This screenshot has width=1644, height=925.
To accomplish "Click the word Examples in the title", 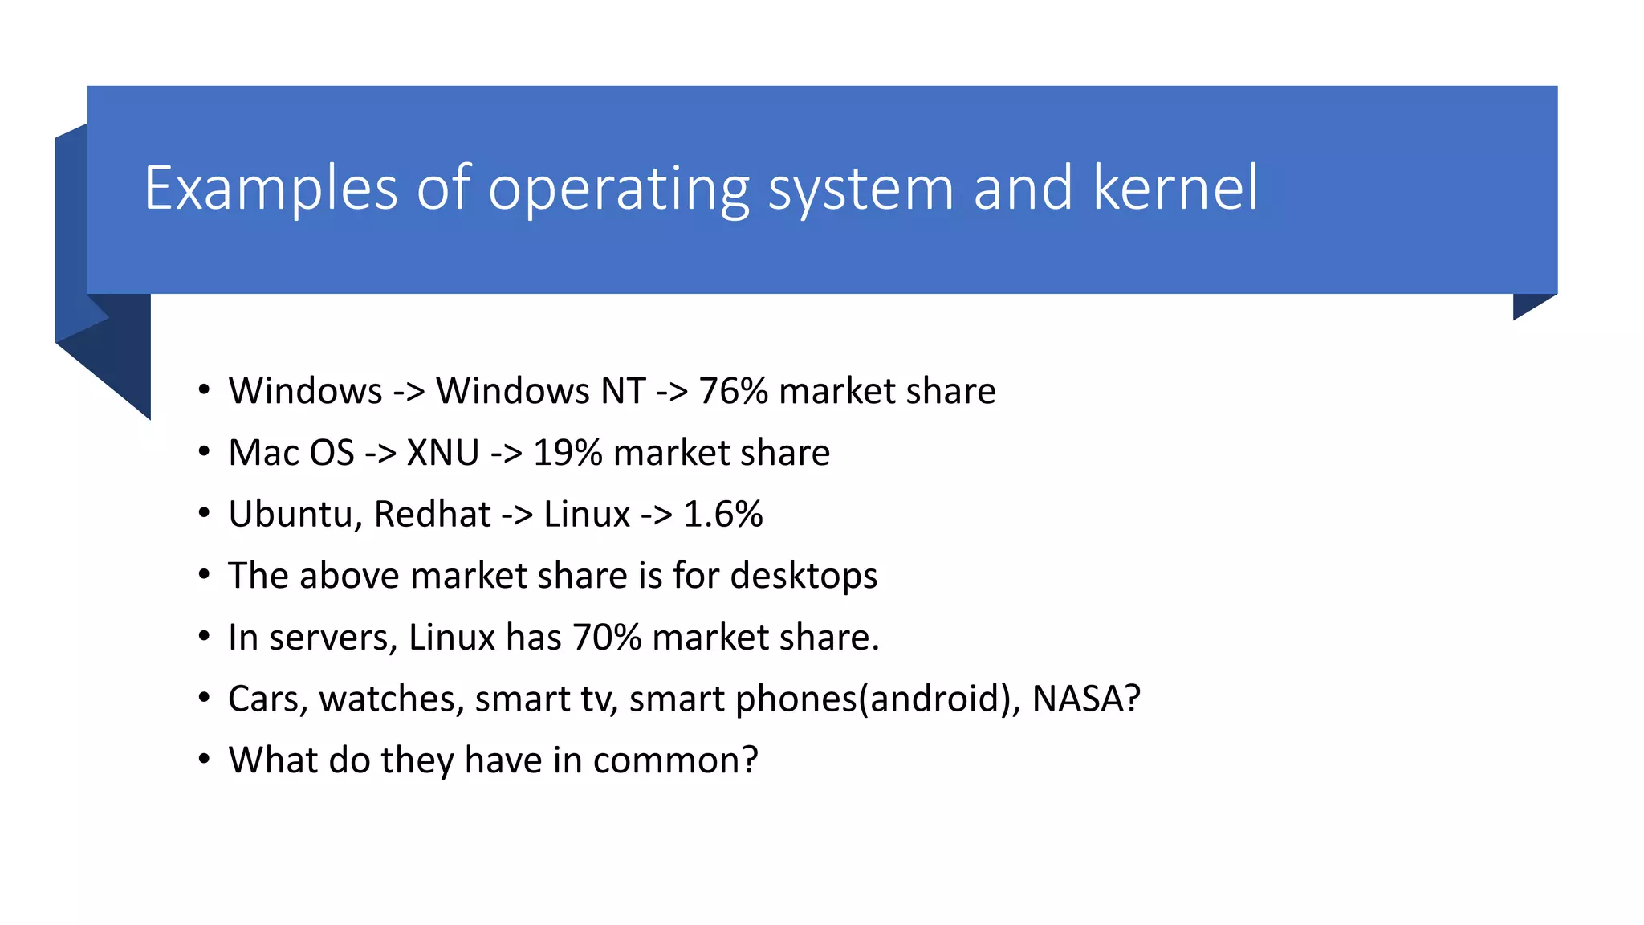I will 271,189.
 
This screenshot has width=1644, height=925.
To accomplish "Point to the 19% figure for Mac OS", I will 568,453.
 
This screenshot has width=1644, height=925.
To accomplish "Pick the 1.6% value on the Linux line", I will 722,515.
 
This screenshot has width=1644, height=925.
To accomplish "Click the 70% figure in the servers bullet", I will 607,638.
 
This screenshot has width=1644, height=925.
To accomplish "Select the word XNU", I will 442,453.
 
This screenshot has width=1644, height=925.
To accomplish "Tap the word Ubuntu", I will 291,515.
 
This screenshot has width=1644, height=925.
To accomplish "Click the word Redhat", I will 432,515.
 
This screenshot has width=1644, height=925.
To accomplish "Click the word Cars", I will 262,699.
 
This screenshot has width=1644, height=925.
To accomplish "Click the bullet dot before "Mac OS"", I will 205,452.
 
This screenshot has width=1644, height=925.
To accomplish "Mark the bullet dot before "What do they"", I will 205,760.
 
